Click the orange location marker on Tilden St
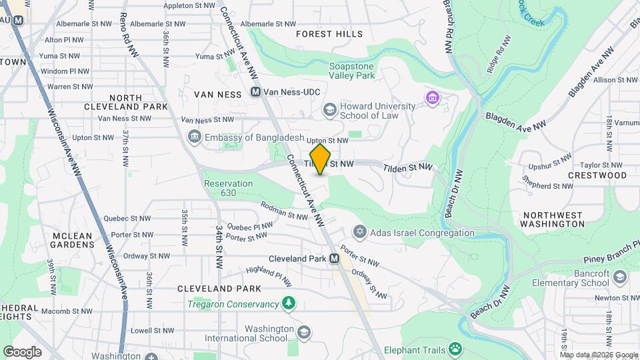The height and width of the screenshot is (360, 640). [x=321, y=159]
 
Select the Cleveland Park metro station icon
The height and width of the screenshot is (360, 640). [x=334, y=259]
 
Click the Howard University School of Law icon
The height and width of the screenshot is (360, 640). [x=329, y=109]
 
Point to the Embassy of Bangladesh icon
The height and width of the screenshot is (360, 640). [x=195, y=137]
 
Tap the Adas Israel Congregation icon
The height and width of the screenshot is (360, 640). [x=360, y=233]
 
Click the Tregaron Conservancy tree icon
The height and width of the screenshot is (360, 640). [x=289, y=304]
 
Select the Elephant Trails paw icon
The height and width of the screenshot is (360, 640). [x=455, y=349]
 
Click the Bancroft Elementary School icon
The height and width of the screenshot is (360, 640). [x=620, y=277]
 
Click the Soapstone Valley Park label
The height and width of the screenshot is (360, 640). [x=352, y=71]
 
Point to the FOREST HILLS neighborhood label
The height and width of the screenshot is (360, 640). [x=329, y=34]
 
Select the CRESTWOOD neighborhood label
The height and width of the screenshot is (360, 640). [x=597, y=175]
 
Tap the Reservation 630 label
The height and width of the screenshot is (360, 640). [x=228, y=188]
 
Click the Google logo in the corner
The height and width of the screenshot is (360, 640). [x=22, y=351]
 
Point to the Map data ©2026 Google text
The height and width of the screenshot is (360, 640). [x=597, y=355]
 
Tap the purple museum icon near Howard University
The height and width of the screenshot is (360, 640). [x=433, y=99]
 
